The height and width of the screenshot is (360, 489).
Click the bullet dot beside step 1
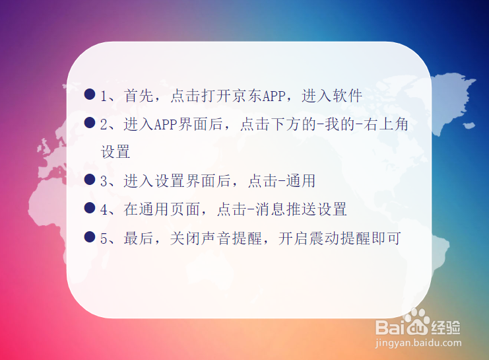tap(90, 94)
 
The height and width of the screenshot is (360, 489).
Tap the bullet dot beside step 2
tap(90, 123)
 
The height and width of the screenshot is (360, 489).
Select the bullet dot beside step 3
tap(90, 180)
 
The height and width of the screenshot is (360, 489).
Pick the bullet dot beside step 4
tap(90, 208)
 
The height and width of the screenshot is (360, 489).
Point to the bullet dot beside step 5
tap(90, 236)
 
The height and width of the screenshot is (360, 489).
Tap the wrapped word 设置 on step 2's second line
tap(115, 153)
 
